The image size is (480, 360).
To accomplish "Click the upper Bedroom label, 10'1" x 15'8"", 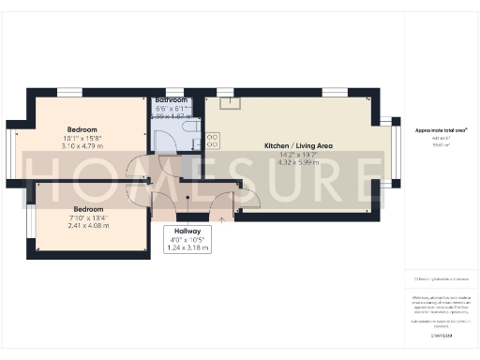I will click(x=82, y=129).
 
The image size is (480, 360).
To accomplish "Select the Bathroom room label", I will click(x=172, y=99).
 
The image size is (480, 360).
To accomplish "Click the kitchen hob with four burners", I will click(x=212, y=141).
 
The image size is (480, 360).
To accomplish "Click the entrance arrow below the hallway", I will click(x=221, y=217).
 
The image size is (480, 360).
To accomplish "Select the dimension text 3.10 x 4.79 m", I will click(x=82, y=147).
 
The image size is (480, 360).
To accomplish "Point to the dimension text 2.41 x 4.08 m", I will click(x=88, y=226).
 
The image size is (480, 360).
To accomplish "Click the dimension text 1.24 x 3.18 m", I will click(x=187, y=248).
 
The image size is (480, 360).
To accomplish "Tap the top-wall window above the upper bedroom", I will click(x=69, y=92).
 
